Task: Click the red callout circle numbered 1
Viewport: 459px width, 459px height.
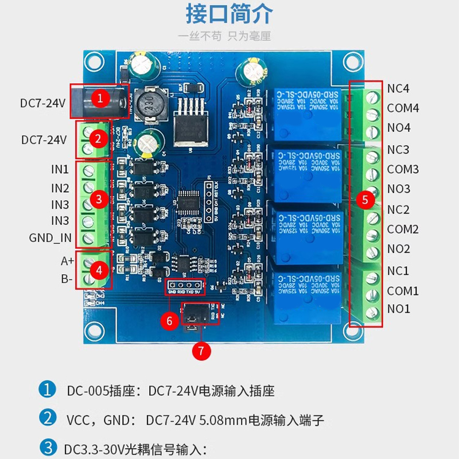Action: [100, 98]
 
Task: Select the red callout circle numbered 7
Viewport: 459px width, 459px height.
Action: [200, 351]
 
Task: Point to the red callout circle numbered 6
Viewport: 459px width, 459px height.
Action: [169, 321]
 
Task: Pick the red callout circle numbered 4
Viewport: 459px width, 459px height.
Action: [100, 269]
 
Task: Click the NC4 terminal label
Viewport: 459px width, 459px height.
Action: [398, 89]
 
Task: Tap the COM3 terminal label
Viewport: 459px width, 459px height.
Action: [403, 169]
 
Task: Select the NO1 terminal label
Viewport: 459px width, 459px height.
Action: [399, 309]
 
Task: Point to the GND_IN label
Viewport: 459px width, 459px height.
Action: [50, 238]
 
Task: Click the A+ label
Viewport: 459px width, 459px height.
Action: [67, 261]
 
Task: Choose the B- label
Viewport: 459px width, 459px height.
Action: [67, 279]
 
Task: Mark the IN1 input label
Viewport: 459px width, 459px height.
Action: [60, 170]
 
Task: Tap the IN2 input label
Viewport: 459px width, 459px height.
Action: [60, 188]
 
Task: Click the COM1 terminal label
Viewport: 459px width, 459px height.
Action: [403, 291]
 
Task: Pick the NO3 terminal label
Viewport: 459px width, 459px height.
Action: [399, 189]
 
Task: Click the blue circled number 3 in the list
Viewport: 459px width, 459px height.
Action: [47, 447]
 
